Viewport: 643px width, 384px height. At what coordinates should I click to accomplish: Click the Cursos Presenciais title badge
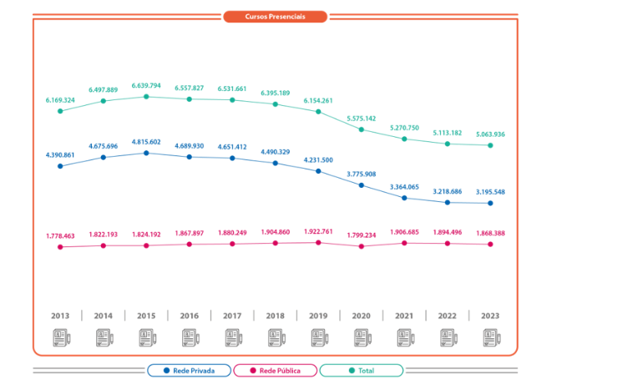[275, 17]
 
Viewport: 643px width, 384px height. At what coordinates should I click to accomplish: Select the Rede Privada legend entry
[189, 370]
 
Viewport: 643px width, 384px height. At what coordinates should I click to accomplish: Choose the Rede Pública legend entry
[275, 370]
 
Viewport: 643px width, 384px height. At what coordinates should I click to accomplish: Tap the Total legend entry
[361, 370]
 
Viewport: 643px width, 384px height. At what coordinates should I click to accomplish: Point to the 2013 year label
[60, 316]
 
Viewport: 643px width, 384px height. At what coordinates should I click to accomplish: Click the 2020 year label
[361, 316]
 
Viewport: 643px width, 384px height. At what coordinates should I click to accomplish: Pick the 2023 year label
[490, 316]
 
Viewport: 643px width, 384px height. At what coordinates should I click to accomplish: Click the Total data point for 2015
[146, 97]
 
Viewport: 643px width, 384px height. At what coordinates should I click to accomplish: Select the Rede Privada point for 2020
[362, 185]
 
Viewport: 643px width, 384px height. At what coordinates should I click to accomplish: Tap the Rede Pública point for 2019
[318, 243]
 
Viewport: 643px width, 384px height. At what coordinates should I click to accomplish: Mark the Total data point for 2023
[490, 145]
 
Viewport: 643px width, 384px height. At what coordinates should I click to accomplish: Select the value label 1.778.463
[60, 236]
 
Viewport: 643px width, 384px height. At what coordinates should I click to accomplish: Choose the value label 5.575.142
[361, 119]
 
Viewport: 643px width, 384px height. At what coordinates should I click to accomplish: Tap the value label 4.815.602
[146, 142]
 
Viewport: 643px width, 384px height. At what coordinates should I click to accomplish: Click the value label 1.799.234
[361, 235]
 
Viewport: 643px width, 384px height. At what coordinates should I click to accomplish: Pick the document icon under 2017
[232, 338]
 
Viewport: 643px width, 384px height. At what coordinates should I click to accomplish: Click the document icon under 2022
[447, 338]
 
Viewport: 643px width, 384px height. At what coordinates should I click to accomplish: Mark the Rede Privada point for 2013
[60, 166]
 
